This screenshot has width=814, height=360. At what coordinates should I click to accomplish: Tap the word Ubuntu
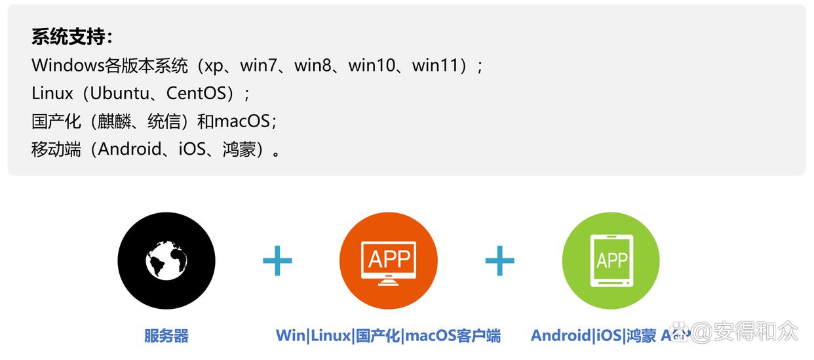point(120,93)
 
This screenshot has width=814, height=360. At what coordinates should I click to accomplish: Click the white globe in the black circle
point(166,260)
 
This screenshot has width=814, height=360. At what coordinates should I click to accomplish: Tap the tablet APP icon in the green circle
point(611,260)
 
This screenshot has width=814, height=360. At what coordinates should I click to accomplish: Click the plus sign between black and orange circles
point(277,261)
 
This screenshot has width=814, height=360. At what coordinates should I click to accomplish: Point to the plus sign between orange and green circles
point(499,261)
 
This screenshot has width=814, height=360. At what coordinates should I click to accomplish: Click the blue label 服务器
point(166,336)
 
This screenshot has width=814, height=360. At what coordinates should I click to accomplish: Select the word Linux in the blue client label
point(330,336)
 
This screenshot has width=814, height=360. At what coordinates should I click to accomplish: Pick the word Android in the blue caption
point(561,336)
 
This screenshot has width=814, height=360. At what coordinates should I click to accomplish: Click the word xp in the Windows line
point(214,66)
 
